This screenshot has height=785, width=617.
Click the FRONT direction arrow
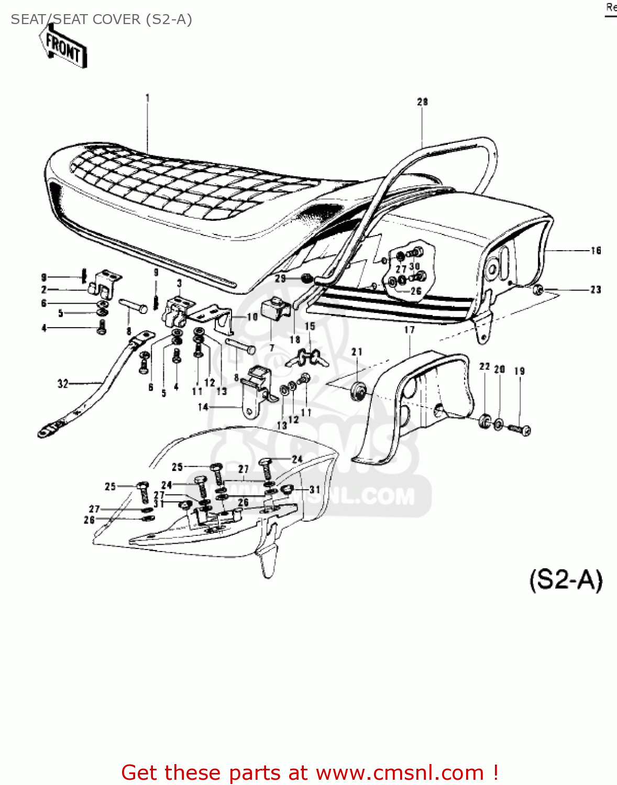pyautogui.click(x=63, y=47)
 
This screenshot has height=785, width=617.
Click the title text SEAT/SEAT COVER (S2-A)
pyautogui.click(x=101, y=19)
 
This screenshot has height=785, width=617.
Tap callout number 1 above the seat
pyautogui.click(x=148, y=97)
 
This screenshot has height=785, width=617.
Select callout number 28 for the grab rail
pyautogui.click(x=422, y=102)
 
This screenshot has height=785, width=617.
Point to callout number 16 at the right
pyautogui.click(x=596, y=251)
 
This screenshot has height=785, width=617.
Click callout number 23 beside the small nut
pyautogui.click(x=596, y=289)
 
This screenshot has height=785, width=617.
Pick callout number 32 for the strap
pyautogui.click(x=63, y=384)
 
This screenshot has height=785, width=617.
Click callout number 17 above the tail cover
pyautogui.click(x=409, y=330)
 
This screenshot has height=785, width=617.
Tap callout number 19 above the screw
pyautogui.click(x=519, y=371)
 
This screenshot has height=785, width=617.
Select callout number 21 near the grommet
pyautogui.click(x=357, y=352)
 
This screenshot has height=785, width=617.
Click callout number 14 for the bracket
pyautogui.click(x=203, y=407)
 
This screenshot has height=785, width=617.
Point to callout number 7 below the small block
pyautogui.click(x=271, y=347)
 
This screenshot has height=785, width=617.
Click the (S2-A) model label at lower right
pyautogui.click(x=566, y=580)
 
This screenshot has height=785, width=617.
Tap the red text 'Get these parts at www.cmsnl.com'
pyautogui.click(x=309, y=772)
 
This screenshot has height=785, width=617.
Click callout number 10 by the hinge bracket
pyautogui.click(x=252, y=317)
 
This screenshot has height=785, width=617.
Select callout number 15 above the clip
pyautogui.click(x=310, y=326)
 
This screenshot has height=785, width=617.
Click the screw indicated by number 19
pyautogui.click(x=520, y=429)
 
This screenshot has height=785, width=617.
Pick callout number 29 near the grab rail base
pyautogui.click(x=281, y=278)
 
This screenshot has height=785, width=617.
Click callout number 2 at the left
pyautogui.click(x=44, y=289)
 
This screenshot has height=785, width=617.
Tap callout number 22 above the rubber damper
pyautogui.click(x=484, y=367)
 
